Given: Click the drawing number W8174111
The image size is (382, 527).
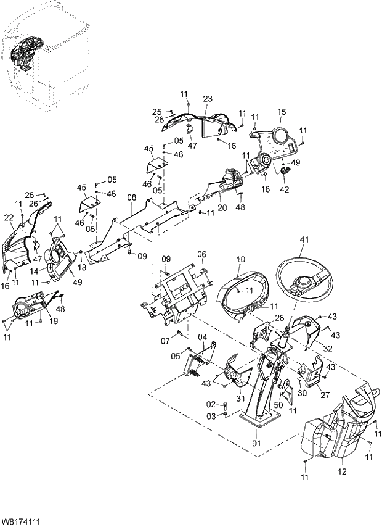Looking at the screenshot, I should point(21,521).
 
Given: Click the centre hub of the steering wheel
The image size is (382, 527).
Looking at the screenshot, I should point(304,284).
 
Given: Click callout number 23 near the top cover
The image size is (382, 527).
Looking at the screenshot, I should point(207,99).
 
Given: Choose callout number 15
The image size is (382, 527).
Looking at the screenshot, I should point(282,112).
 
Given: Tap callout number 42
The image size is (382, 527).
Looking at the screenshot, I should point(284,190).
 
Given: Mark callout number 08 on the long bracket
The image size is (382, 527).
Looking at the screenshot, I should point(131,198).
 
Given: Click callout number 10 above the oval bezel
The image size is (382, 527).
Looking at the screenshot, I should point(240,260).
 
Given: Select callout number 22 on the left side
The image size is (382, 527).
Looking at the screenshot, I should point(9,218).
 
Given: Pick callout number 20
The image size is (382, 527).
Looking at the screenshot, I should point(222,207).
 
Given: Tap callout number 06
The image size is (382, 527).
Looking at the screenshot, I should point(201,254).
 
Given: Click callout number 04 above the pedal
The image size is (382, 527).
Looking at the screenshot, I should point(202,336).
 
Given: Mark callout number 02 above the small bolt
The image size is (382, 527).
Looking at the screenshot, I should point(211,404).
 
